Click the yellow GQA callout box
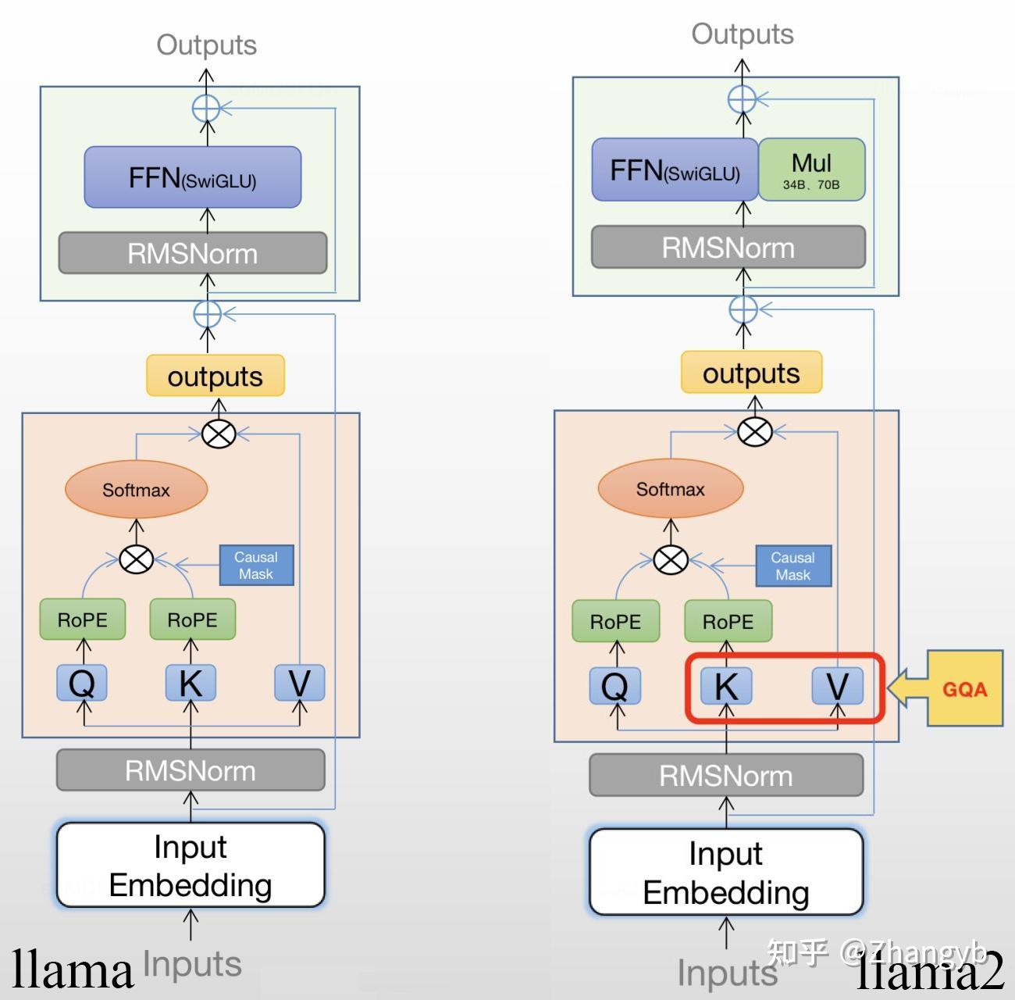point(964,688)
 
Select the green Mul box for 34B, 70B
point(811,170)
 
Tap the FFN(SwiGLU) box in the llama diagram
point(192,177)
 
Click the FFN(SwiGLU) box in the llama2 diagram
point(675,170)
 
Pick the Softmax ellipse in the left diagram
point(136,490)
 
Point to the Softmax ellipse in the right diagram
point(670,489)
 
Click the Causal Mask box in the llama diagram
point(256,565)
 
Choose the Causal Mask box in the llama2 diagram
point(792,566)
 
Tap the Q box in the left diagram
point(82,684)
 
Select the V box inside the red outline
point(837,686)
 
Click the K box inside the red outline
point(726,686)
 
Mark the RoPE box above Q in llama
point(82,620)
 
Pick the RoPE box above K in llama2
point(728,621)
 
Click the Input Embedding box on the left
point(191,866)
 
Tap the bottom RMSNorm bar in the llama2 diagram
point(726,776)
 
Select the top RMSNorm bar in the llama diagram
point(192,253)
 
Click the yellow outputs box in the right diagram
point(751,373)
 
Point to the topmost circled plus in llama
point(206,108)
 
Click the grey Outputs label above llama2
point(742,34)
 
